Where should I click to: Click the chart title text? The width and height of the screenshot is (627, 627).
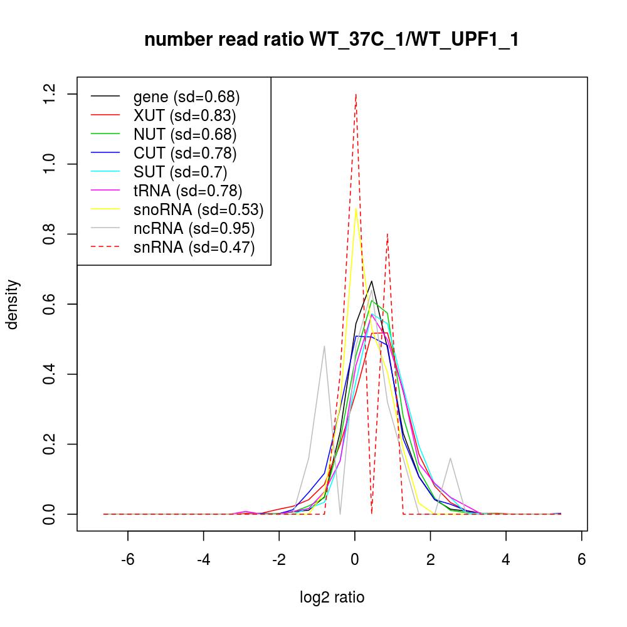pos(331,40)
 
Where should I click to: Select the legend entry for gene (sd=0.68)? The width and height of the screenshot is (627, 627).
pos(187,97)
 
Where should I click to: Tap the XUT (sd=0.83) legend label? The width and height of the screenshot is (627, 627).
pos(184,115)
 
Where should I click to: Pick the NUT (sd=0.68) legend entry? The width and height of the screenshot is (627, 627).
pos(185,134)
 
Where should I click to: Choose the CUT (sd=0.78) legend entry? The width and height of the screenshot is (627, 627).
pos(185,153)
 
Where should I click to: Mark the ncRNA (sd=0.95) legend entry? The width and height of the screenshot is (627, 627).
pos(194,228)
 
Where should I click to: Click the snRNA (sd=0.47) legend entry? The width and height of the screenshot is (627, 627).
pos(194,248)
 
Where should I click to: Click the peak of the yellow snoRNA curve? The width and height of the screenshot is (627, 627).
pos(356,209)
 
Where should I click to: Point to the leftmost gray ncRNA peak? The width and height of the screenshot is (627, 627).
pos(324,346)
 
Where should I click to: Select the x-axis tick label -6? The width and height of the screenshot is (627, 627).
pos(128,559)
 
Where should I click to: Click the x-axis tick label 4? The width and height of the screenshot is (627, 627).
pos(506,559)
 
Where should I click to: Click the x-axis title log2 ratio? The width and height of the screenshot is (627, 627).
pos(332,597)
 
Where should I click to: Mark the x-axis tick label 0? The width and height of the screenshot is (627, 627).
pos(355,559)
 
